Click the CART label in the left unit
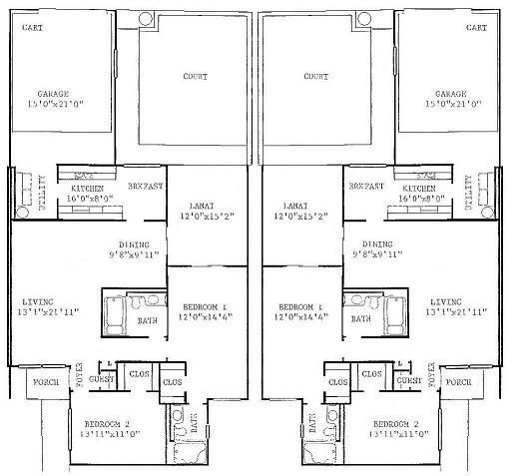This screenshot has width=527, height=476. tap(33, 28)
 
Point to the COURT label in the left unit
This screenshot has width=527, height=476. tap(194, 76)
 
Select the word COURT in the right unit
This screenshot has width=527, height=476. tap(315, 76)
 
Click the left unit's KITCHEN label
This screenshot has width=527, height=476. tap(87, 189)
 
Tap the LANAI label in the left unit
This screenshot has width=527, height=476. tap(195, 204)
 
